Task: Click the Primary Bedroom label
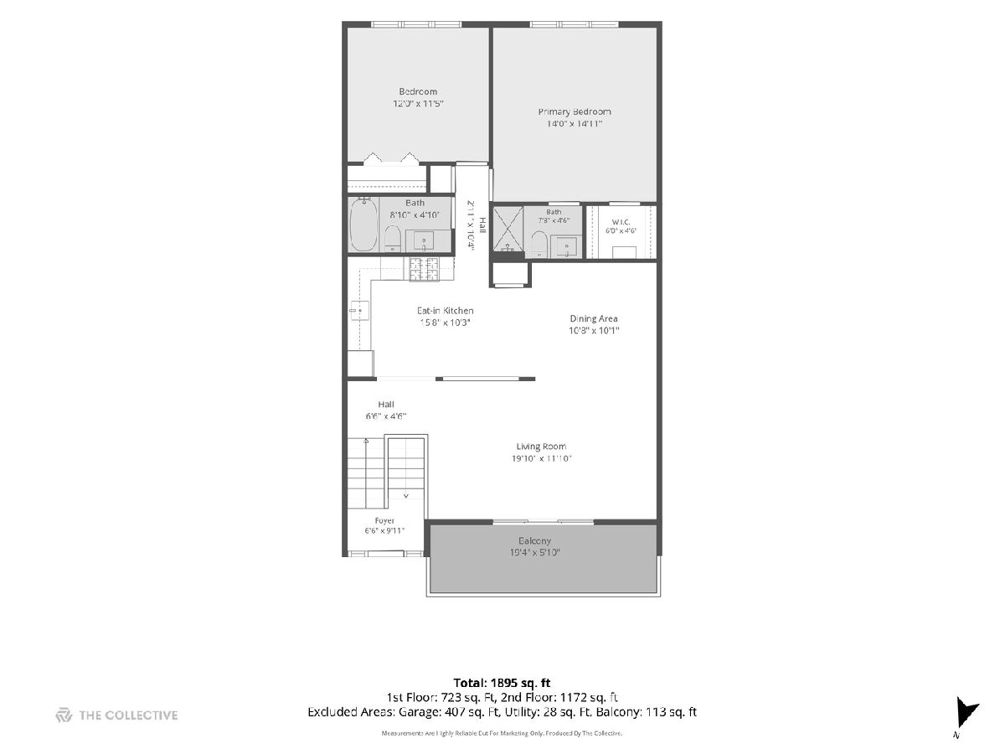(575, 111)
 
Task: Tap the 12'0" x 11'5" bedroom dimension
(418, 103)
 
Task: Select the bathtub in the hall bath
(363, 225)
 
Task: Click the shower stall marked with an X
(508, 229)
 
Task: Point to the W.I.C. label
(621, 222)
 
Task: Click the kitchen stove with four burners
(424, 269)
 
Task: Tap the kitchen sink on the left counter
(359, 311)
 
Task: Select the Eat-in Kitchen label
(445, 311)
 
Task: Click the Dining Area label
(594, 318)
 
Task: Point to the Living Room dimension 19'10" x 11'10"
(542, 458)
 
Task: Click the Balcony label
(535, 540)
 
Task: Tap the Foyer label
(384, 521)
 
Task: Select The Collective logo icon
(64, 715)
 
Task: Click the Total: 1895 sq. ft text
(502, 683)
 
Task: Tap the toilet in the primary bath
(539, 244)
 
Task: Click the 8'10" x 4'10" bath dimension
(415, 214)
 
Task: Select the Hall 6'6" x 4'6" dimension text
(386, 416)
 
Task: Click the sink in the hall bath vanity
(424, 240)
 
